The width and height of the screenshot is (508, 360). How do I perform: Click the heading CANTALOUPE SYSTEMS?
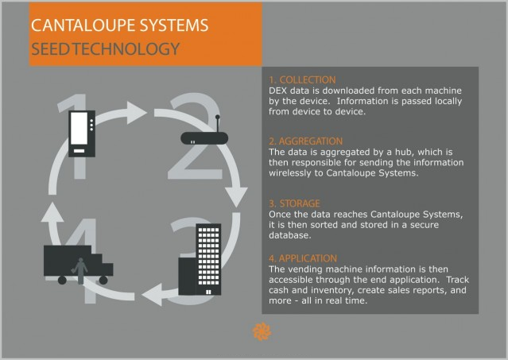tap(119, 25)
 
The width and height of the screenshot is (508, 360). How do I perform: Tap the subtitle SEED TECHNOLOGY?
tap(105, 49)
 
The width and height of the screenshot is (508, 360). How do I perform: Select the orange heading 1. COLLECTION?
tap(302, 80)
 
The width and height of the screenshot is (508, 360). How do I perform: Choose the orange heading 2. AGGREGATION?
tap(305, 141)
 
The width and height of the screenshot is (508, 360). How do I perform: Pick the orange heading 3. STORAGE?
tap(294, 203)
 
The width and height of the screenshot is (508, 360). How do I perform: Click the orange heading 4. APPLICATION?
tap(303, 258)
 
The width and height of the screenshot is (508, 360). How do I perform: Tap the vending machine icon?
tap(82, 134)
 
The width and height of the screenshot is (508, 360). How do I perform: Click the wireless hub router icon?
tap(204, 134)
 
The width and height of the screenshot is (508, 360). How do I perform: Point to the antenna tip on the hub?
tap(217, 117)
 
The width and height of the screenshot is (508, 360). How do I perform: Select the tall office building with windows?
tap(208, 259)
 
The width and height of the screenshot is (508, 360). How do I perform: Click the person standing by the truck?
tap(79, 271)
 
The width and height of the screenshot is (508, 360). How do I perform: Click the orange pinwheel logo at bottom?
tap(262, 331)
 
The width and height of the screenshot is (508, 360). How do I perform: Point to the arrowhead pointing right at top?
tap(137, 113)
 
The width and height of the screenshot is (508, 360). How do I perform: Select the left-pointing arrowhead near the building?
tap(153, 295)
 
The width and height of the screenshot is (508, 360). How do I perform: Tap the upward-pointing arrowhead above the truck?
tap(52, 212)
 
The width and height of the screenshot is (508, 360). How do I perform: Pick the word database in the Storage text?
tap(290, 235)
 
